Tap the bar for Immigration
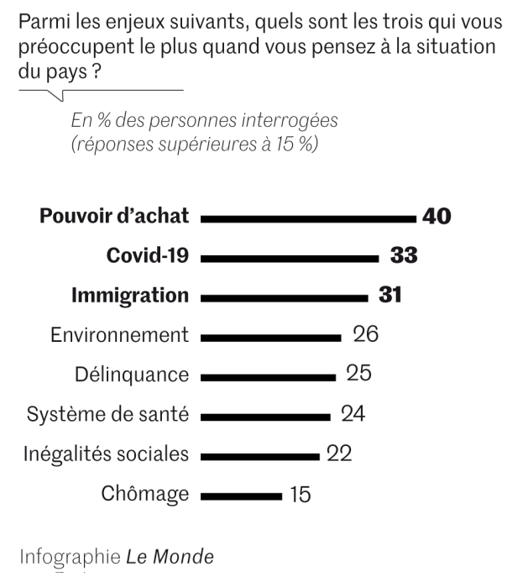click(285, 297)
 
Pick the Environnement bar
click(271, 337)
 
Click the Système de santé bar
click(265, 416)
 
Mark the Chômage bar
click(242, 496)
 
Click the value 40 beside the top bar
click(437, 217)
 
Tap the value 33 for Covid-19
click(404, 256)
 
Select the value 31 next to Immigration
click(389, 296)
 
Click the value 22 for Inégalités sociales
click(339, 454)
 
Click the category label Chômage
click(144, 494)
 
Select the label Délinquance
click(131, 375)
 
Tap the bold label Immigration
click(130, 296)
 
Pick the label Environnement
click(119, 335)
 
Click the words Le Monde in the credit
click(170, 557)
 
